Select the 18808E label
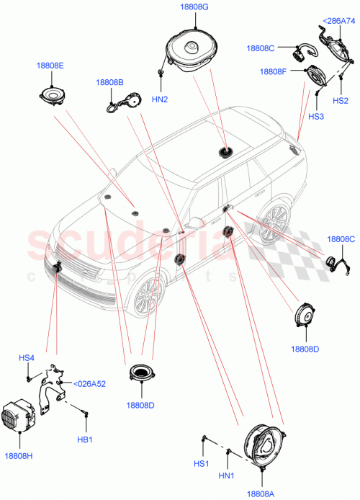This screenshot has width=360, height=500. [50, 66]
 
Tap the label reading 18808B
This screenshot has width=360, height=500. [109, 82]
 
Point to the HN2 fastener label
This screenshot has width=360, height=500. [161, 99]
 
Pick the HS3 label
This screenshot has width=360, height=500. [316, 116]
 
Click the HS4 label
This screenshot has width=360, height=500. [27, 358]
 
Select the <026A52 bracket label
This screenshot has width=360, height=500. [90, 383]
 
